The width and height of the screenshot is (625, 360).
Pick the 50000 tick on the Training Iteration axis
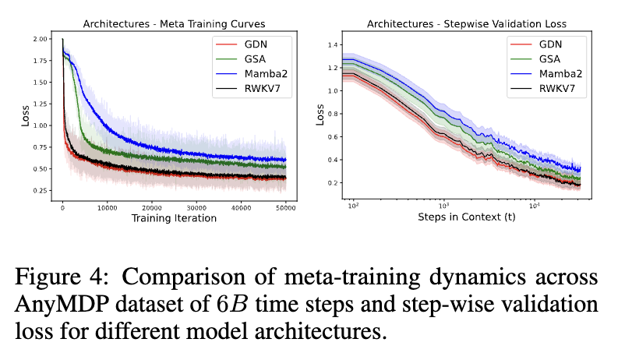pyautogui.click(x=286, y=208)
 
